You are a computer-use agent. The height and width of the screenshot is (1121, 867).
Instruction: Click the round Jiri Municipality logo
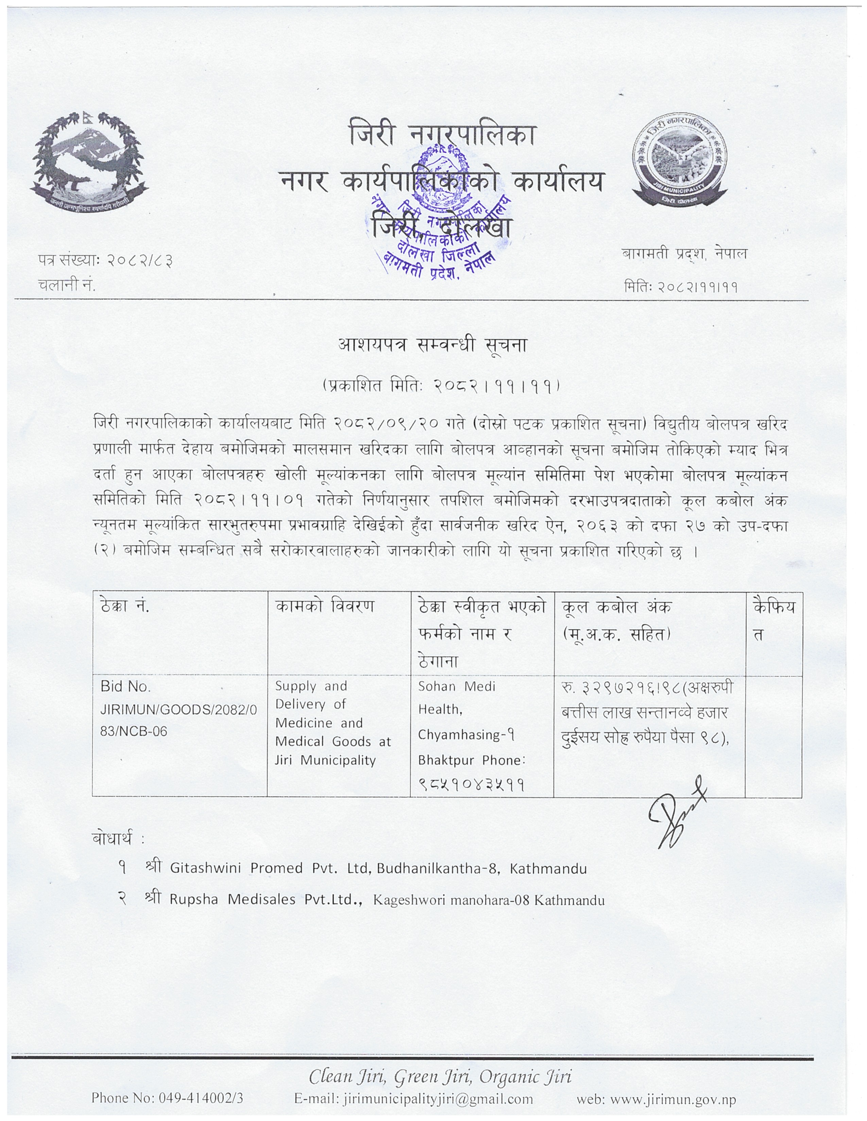[x=680, y=159]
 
